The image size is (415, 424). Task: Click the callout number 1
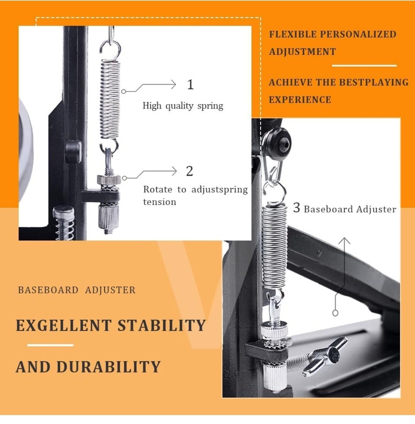(x=191, y=84)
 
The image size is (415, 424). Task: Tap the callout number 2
(x=189, y=171)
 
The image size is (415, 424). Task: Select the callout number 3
(x=297, y=208)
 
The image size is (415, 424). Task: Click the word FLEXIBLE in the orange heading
(x=293, y=35)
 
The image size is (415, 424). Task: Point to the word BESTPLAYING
(x=374, y=82)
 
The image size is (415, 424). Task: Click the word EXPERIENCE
(x=300, y=99)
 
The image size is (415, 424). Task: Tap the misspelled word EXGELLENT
(x=64, y=325)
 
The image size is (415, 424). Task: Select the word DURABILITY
(x=109, y=367)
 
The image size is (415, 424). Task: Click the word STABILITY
(x=162, y=325)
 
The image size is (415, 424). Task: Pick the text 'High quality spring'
(x=183, y=106)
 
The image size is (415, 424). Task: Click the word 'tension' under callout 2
(x=160, y=202)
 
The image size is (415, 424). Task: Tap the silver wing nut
(x=324, y=356)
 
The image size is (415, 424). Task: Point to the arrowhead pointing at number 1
(x=173, y=85)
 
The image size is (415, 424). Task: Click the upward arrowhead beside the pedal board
(x=344, y=241)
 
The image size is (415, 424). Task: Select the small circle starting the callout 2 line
(x=124, y=178)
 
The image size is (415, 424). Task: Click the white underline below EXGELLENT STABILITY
(x=50, y=345)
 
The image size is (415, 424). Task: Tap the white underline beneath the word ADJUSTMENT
(x=364, y=66)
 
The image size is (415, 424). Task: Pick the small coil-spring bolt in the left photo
(x=64, y=223)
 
